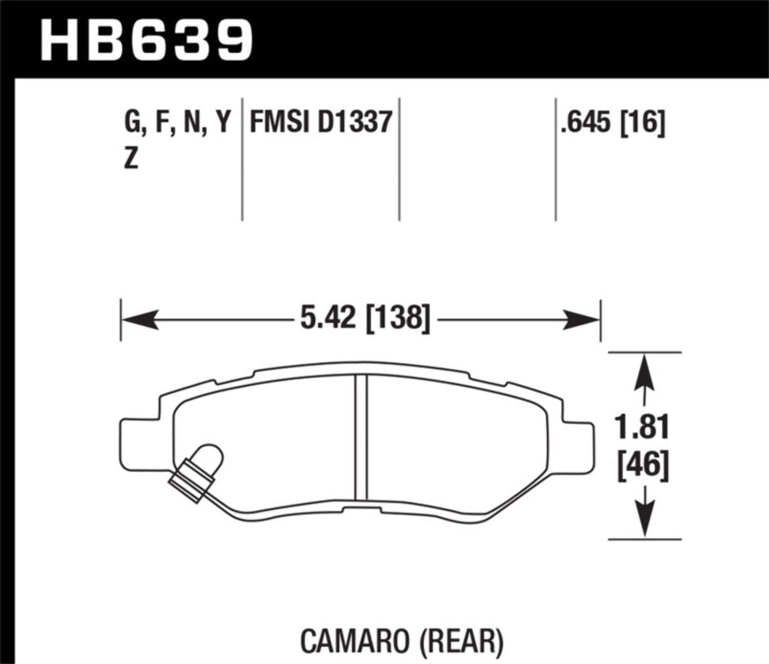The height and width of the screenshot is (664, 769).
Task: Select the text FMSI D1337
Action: pos(321,122)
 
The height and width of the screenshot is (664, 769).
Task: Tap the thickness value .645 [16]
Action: pos(612,123)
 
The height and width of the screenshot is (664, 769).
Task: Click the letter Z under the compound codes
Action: pos(131,158)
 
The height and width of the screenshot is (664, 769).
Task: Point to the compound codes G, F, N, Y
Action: pos(177,122)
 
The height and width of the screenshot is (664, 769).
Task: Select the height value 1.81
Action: pos(642,427)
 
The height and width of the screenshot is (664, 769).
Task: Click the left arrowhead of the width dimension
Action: pos(140,320)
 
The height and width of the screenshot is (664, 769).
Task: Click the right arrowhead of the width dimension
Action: pos(581,320)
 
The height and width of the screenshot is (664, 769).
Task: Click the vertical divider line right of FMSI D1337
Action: pos(399,159)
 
